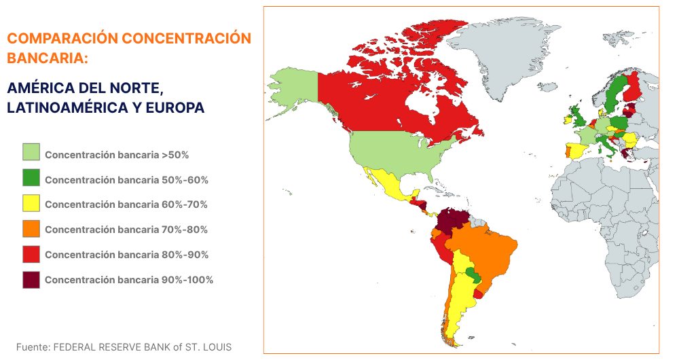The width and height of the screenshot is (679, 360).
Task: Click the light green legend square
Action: pyautogui.click(x=31, y=154)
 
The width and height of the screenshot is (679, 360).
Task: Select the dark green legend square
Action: pyautogui.click(x=31, y=179)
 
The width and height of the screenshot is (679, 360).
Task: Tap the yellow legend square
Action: pyautogui.click(x=31, y=204)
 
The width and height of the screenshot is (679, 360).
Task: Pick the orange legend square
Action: pyautogui.click(x=31, y=229)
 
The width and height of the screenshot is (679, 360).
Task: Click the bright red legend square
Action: pyautogui.click(x=31, y=254)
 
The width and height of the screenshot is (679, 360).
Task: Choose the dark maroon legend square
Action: pyautogui.click(x=31, y=279)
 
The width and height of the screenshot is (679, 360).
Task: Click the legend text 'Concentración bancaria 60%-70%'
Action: pyautogui.click(x=126, y=204)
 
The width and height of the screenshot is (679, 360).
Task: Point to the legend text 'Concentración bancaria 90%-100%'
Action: pyautogui.click(x=129, y=280)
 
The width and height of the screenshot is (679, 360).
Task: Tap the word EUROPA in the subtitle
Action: pyautogui.click(x=174, y=108)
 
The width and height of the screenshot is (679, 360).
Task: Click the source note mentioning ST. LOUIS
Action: pyautogui.click(x=124, y=347)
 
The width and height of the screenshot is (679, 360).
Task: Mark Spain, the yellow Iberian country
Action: pyautogui.click(x=578, y=149)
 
